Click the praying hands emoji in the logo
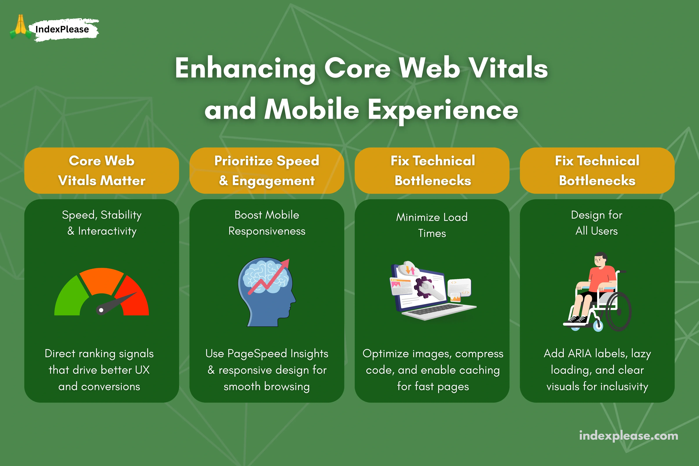20,26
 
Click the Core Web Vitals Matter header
102,171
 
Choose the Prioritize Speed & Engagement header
267,171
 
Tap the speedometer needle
116,302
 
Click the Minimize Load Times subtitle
432,225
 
